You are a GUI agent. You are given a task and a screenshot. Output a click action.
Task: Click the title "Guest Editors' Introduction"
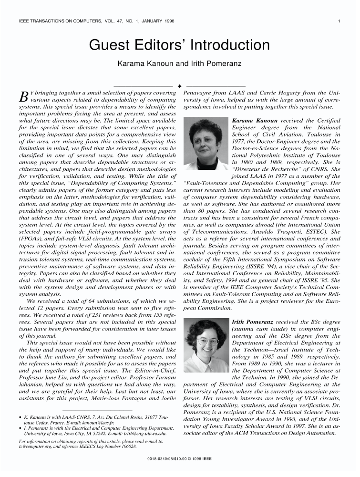(180, 46)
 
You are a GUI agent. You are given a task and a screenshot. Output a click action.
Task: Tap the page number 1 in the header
(338, 21)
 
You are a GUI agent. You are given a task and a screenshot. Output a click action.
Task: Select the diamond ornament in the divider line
(180, 86)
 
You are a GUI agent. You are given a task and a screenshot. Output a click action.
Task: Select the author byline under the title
(180, 64)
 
